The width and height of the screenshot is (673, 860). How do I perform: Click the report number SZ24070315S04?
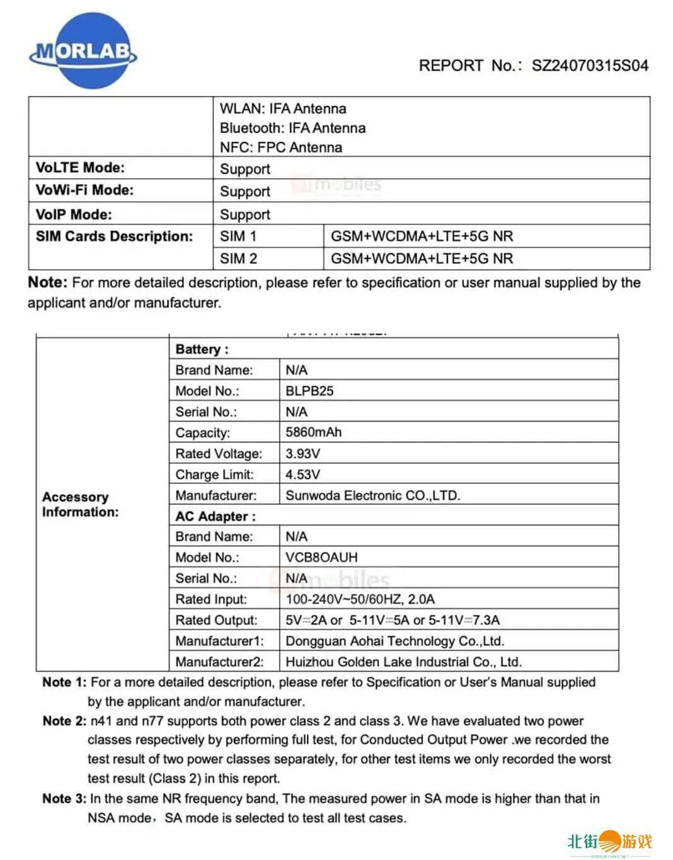point(590,66)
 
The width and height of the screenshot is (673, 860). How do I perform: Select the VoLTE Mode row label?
point(80,168)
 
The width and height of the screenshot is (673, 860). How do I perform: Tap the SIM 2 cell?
point(238,258)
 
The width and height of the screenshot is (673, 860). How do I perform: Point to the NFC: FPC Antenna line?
point(280,147)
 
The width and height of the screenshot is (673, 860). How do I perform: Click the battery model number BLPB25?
point(309,391)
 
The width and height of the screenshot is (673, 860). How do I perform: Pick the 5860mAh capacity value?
point(313,432)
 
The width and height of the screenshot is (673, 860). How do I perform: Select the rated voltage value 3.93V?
point(302,454)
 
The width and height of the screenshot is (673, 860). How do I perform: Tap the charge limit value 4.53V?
point(302,474)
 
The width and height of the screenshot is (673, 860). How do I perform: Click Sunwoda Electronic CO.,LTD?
point(372,495)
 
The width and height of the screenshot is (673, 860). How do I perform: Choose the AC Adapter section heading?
point(216,517)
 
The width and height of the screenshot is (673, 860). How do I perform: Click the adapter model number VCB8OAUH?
point(321,558)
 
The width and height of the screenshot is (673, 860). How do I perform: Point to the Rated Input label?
point(211,599)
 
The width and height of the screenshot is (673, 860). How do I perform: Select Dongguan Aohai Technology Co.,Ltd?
point(394,641)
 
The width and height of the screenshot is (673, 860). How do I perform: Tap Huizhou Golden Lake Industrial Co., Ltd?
point(403,662)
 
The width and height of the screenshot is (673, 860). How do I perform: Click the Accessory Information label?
point(80,505)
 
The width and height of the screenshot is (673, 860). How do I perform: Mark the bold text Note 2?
point(64,721)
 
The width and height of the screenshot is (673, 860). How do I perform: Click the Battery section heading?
point(202,350)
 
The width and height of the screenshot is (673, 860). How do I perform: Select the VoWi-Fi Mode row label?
point(84,190)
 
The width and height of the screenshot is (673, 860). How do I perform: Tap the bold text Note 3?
point(64,799)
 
